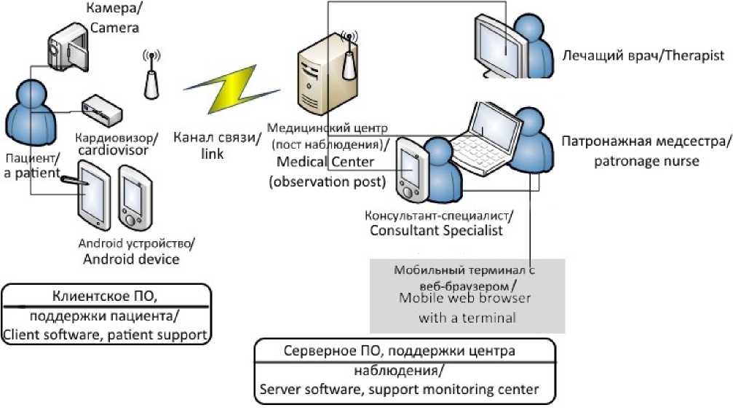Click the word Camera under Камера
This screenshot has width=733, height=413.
pos(114,28)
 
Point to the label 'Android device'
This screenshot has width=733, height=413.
pos(131,258)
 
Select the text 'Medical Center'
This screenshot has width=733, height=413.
pos(325,161)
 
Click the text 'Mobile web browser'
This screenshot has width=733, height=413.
pos(464,298)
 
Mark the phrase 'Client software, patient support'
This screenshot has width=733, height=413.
pos(106,335)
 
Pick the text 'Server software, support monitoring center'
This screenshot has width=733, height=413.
pos(400,389)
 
